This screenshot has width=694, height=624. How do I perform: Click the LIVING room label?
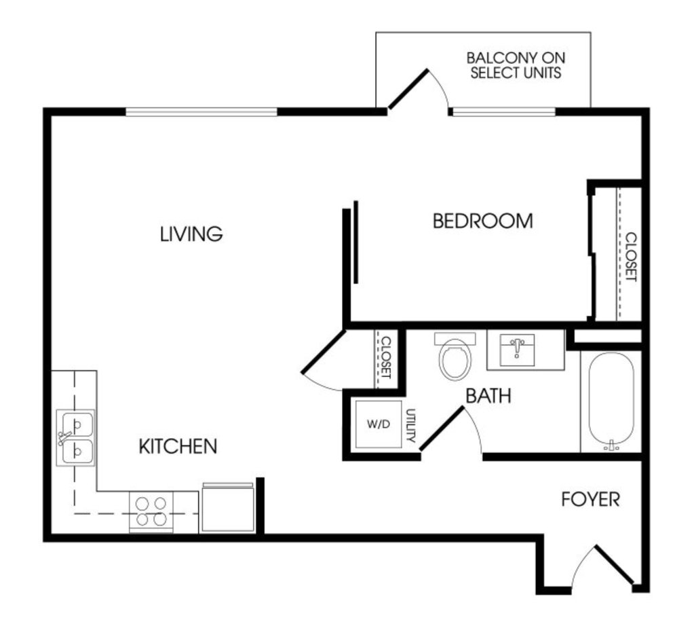tap(191, 234)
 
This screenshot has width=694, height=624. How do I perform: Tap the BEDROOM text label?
tap(482, 221)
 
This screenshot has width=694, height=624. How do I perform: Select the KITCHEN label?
tap(178, 446)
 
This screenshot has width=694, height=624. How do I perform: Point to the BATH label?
tap(488, 395)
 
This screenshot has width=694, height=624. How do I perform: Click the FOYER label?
tap(590, 499)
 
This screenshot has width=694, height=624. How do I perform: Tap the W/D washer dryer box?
tap(379, 424)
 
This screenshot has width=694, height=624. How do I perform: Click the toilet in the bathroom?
tap(455, 356)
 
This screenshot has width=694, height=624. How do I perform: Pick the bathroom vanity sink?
tap(517, 350)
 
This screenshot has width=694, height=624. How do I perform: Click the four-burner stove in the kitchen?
tap(151, 511)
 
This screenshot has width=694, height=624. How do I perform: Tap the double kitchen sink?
tap(76, 437)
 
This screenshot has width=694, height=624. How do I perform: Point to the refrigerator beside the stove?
tap(228, 507)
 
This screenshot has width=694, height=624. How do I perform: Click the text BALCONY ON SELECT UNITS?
tap(516, 65)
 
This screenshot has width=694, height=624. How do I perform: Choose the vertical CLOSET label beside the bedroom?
tap(631, 257)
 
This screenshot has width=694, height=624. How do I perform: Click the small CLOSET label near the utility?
tap(387, 358)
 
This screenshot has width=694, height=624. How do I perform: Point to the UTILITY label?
tap(410, 425)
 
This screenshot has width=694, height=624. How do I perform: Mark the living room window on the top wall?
tap(201, 111)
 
